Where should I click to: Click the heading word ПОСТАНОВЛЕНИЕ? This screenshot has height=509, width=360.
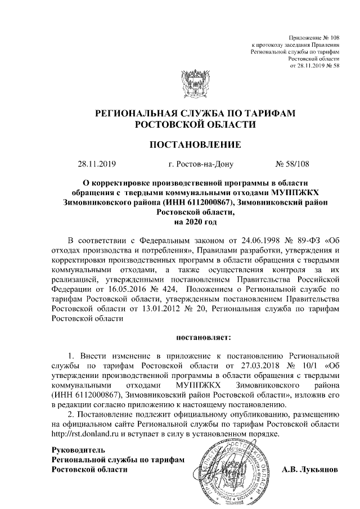pos(195,145)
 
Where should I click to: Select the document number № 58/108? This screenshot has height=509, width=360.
pos(292,164)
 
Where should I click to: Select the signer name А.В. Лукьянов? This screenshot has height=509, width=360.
pos(309,469)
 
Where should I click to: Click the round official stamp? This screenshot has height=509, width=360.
pos(232,470)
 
